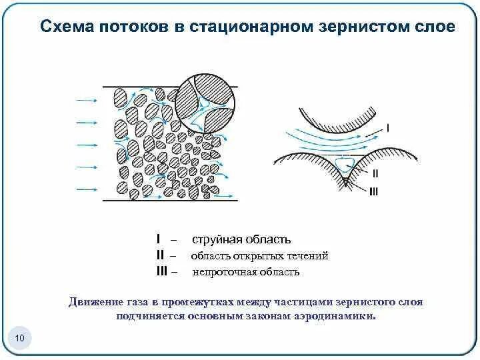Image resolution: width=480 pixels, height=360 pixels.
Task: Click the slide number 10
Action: pyautogui.click(x=19, y=339)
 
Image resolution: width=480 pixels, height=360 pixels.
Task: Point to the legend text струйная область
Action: pyautogui.click(x=241, y=239)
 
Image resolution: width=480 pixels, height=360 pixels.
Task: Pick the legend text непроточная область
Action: pyautogui.click(x=246, y=272)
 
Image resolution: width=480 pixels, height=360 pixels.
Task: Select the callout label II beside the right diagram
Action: pyautogui.click(x=375, y=173)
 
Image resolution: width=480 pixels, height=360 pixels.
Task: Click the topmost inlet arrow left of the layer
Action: pyautogui.click(x=87, y=101)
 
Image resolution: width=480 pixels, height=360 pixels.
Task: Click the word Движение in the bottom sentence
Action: pyautogui.click(x=96, y=302)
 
